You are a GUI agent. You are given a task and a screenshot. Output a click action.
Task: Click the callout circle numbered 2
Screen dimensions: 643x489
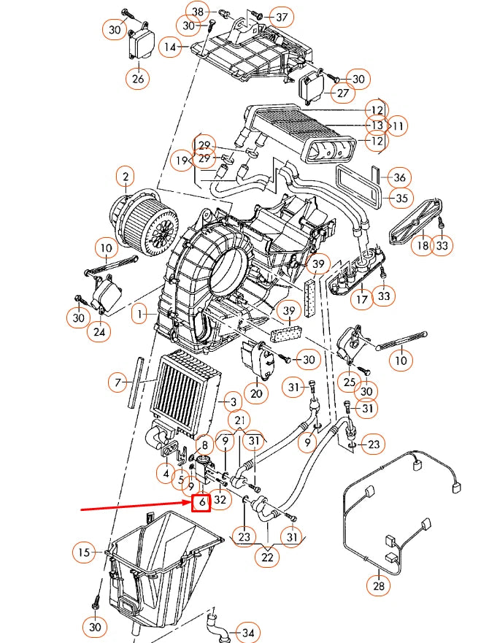coord(126,177)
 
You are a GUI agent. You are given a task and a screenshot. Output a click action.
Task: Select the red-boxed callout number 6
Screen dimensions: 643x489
coord(201,503)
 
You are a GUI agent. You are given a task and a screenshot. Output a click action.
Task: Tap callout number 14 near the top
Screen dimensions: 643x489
coord(171,47)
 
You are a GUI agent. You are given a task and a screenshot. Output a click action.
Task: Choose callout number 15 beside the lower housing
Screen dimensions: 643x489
coord(85,552)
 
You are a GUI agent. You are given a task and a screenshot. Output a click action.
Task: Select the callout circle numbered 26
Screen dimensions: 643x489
coord(138,77)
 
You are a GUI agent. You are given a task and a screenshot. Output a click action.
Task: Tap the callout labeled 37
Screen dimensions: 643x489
coord(282,17)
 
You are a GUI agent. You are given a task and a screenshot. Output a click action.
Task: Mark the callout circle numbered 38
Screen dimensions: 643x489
coord(197,11)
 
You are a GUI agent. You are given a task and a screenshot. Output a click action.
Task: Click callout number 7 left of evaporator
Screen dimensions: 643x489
coord(117,382)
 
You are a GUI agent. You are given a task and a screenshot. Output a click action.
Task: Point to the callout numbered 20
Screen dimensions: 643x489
coord(255,393)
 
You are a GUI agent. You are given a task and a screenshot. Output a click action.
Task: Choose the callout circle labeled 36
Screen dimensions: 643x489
coord(399,177)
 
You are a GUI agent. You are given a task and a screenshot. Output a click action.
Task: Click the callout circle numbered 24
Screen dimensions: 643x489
coord(99,332)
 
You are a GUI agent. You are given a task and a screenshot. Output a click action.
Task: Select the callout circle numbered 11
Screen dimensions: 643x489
coord(397,126)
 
